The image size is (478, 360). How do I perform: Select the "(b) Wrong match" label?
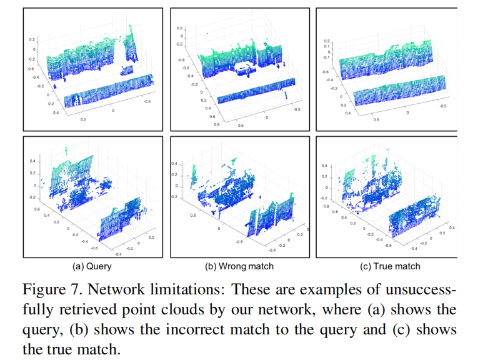pos(239,266)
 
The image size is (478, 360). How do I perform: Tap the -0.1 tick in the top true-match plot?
pos(326,57)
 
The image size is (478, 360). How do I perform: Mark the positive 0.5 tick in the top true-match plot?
pos(376,117)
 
